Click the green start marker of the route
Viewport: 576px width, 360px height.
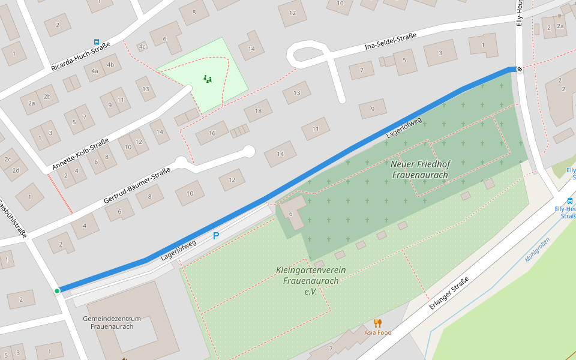pyautogui.click(x=57, y=291)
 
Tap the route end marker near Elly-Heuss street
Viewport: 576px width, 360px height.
pyautogui.click(x=520, y=69)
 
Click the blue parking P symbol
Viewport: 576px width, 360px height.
pyautogui.click(x=216, y=236)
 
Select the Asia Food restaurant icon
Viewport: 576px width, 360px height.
pyautogui.click(x=377, y=323)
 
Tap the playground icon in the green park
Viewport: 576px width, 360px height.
pyautogui.click(x=208, y=79)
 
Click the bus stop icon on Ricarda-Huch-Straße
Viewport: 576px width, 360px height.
pyautogui.click(x=97, y=42)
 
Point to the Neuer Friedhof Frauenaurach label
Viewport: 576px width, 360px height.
pyautogui.click(x=420, y=169)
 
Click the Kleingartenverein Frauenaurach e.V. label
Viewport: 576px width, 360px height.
pyautogui.click(x=311, y=280)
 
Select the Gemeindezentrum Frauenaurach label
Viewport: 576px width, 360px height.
pyautogui.click(x=112, y=322)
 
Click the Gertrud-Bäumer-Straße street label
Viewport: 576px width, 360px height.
pyautogui.click(x=137, y=184)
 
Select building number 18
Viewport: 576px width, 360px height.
pyautogui.click(x=258, y=110)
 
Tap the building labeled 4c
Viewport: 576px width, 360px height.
pyautogui.click(x=142, y=46)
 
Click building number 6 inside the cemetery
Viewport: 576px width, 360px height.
pyautogui.click(x=290, y=214)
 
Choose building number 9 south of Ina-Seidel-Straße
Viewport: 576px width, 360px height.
pyautogui.click(x=373, y=109)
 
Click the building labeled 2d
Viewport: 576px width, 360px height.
pyautogui.click(x=16, y=170)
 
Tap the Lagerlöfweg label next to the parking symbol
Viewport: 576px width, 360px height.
pyautogui.click(x=179, y=250)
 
